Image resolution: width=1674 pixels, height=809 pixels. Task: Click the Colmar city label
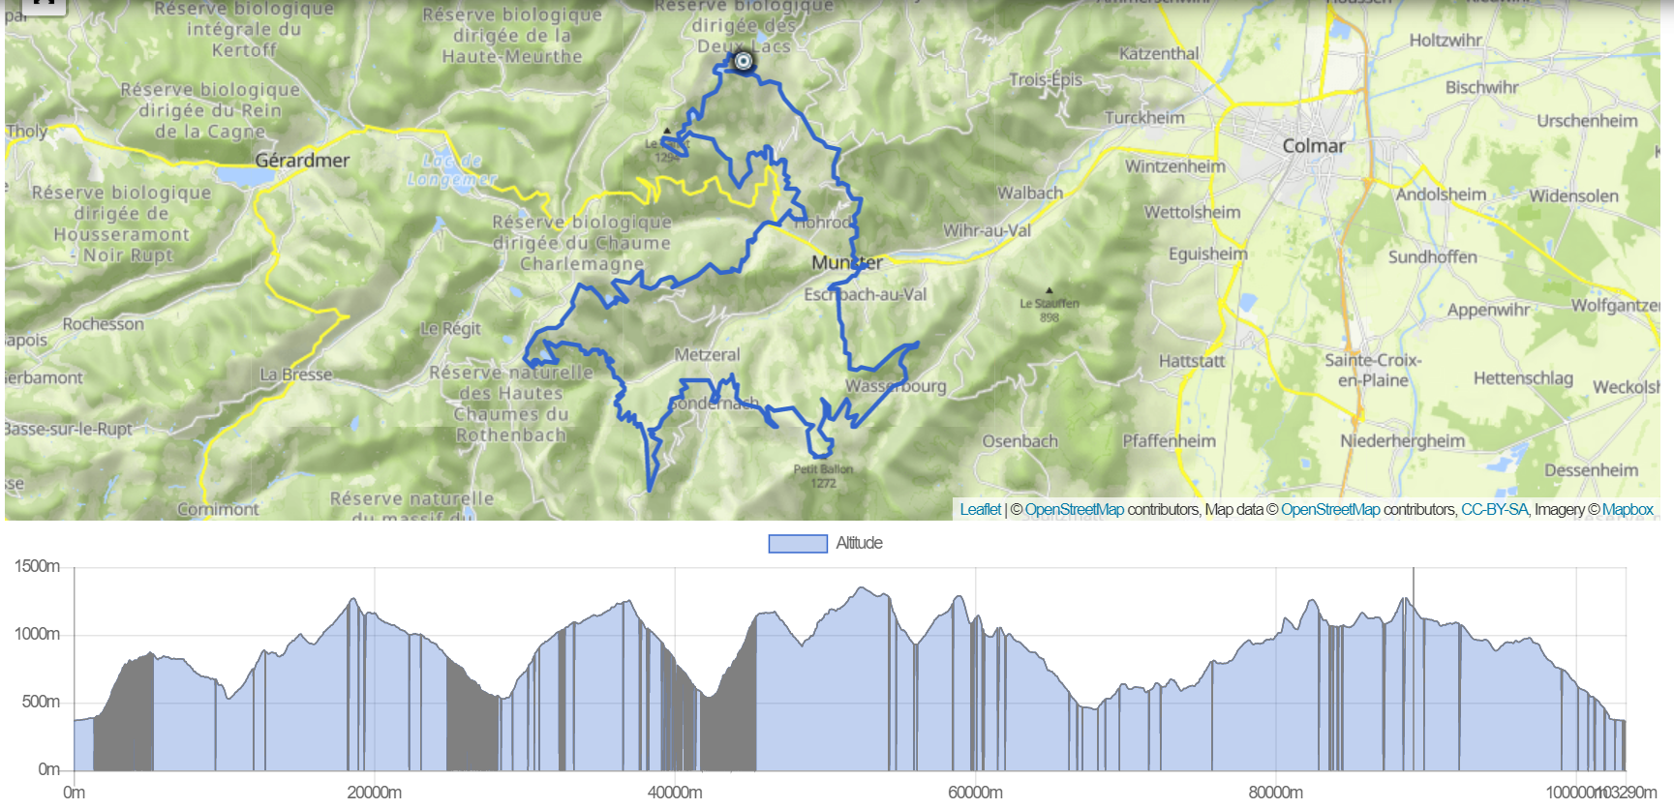click(1313, 146)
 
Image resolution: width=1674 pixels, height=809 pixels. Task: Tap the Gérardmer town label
click(302, 161)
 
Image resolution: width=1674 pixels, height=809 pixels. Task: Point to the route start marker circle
click(743, 62)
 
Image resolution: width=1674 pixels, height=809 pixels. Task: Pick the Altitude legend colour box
click(798, 544)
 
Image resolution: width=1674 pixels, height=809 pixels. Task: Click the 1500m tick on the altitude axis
click(37, 566)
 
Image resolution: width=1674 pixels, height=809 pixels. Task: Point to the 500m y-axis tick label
click(41, 702)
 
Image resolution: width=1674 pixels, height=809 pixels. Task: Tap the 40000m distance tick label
click(675, 793)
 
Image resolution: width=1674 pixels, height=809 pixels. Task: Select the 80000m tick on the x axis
click(1275, 793)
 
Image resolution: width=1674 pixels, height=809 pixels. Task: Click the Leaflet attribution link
click(980, 509)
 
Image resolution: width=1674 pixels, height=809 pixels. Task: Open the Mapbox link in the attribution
click(1628, 509)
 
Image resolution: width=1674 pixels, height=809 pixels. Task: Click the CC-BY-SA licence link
click(1494, 509)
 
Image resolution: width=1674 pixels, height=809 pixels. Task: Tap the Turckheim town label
click(1144, 118)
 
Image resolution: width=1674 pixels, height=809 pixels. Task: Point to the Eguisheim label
click(1207, 255)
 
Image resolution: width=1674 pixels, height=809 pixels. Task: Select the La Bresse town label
click(295, 375)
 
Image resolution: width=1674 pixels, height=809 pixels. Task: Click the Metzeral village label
click(707, 355)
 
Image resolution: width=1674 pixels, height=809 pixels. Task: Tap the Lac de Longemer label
click(451, 170)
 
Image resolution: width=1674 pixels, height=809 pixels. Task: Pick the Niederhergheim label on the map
click(1402, 441)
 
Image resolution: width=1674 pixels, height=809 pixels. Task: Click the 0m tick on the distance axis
click(74, 793)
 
